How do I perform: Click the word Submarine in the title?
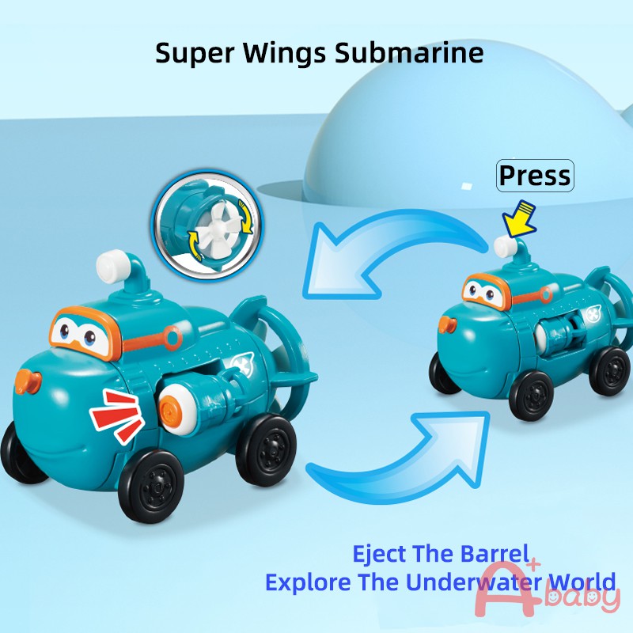[x=409, y=52]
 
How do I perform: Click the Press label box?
[x=535, y=175]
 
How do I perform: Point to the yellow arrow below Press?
[x=520, y=219]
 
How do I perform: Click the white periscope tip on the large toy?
[x=112, y=266]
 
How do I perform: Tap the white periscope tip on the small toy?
[x=504, y=246]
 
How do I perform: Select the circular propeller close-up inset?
[x=207, y=227]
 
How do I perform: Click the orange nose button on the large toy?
[x=28, y=381]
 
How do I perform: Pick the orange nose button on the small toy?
[x=447, y=324]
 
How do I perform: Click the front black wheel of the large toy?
[x=151, y=486]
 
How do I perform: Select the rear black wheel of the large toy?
[x=266, y=450]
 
